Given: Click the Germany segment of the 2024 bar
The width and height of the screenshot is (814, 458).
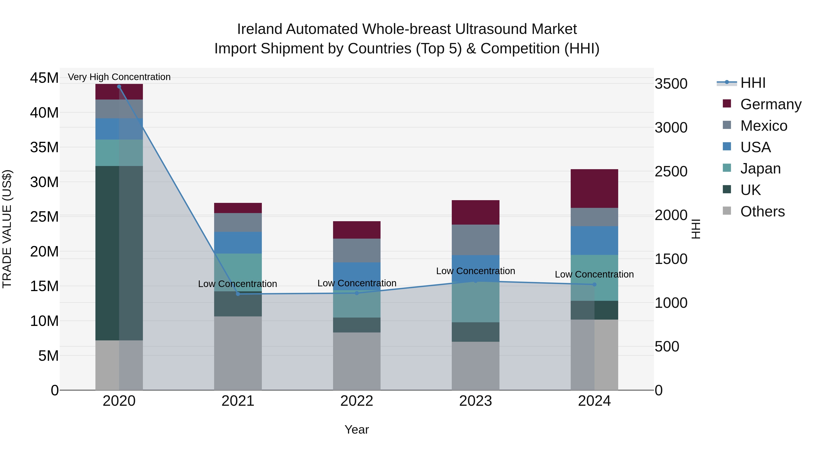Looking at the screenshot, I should tap(594, 188).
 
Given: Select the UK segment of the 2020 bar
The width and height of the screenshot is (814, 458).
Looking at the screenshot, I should tap(107, 253).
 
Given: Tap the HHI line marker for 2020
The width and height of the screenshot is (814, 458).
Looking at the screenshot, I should tap(119, 87).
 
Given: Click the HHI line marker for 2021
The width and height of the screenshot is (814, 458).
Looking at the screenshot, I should tap(238, 294).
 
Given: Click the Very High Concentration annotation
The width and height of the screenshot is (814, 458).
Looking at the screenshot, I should tap(119, 77).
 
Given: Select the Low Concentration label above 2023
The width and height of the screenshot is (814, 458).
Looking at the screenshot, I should tap(476, 271).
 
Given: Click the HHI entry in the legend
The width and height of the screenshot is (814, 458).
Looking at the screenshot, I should tap(753, 83).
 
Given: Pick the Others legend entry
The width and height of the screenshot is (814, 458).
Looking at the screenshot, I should tap(762, 211).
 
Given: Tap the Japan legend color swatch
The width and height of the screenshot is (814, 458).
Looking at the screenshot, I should tap(727, 168).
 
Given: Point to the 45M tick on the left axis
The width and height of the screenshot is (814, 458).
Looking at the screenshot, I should tap(44, 78).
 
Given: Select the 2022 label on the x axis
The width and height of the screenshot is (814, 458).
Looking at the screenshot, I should tap(357, 401).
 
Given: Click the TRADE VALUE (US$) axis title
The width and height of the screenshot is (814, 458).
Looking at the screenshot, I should tap(7, 229).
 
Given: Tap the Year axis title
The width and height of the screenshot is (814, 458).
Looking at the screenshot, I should tap(357, 430).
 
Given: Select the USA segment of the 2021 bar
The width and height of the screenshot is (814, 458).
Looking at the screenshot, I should tap(238, 243).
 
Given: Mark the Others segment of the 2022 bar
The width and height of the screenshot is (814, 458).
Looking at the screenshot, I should tap(357, 361).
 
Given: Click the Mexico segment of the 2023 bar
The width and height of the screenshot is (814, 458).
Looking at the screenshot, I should tap(476, 240).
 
